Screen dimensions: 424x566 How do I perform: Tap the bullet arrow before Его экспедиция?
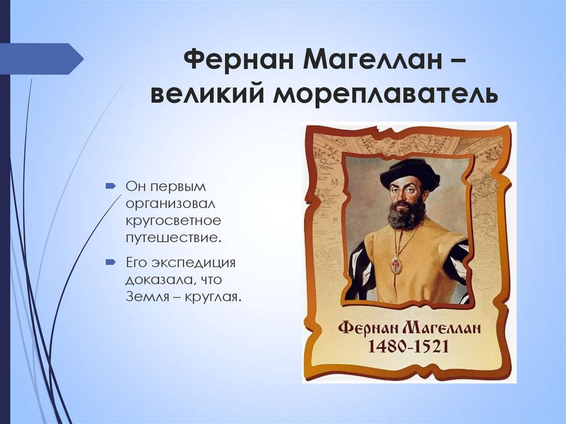(x=111, y=261)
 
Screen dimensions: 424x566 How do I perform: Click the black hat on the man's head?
(x=410, y=171)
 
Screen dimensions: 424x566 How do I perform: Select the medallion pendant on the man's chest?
(x=396, y=265)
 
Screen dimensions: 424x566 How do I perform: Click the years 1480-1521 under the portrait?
(x=408, y=347)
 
